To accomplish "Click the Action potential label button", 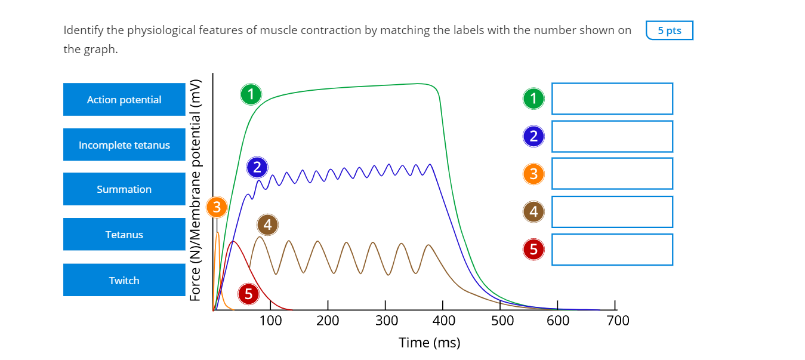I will click(124, 100).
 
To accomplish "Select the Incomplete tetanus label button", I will click(124, 145).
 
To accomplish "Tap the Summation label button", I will click(124, 189).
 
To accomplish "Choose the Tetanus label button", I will click(124, 235).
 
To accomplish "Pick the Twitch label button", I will click(124, 281).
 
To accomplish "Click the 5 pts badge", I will click(669, 30).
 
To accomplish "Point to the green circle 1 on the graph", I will click(251, 94).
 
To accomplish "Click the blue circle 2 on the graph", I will click(257, 168).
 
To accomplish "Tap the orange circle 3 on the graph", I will click(217, 207).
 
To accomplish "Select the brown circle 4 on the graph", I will click(267, 224).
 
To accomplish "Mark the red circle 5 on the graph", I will click(248, 294).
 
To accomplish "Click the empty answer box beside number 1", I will click(612, 99).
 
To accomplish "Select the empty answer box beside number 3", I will click(612, 174).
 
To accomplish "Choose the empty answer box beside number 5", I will click(612, 250).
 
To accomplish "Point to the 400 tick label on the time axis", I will click(443, 321).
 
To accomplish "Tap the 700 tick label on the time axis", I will click(618, 321).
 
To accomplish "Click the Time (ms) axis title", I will click(430, 343).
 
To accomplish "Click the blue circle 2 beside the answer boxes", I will click(533, 137).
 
